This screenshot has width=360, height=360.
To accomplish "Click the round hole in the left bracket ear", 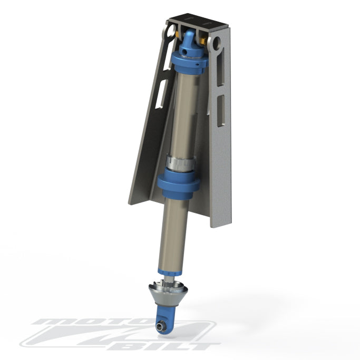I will [x=170, y=33].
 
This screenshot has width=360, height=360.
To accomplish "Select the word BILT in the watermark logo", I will [x=179, y=346].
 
